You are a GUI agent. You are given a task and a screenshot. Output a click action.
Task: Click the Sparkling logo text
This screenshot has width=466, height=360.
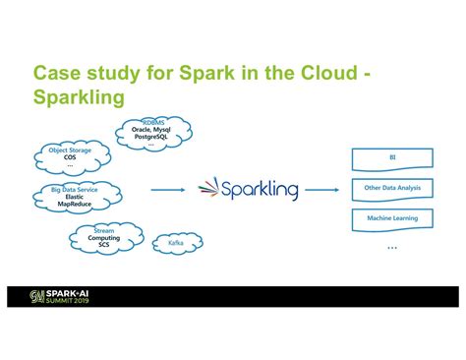tap(261, 188)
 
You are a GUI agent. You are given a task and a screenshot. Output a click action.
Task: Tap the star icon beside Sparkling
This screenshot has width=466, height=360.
tap(208, 188)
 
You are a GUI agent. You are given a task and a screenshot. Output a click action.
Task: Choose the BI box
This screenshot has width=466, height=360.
tap(392, 157)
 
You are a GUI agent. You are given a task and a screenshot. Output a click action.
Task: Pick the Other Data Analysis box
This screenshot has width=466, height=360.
tap(392, 188)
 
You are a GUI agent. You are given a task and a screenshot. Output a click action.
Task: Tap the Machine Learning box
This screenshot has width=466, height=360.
tap(392, 218)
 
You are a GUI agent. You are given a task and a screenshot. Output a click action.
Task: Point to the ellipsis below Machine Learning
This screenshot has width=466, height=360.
tap(392, 249)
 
